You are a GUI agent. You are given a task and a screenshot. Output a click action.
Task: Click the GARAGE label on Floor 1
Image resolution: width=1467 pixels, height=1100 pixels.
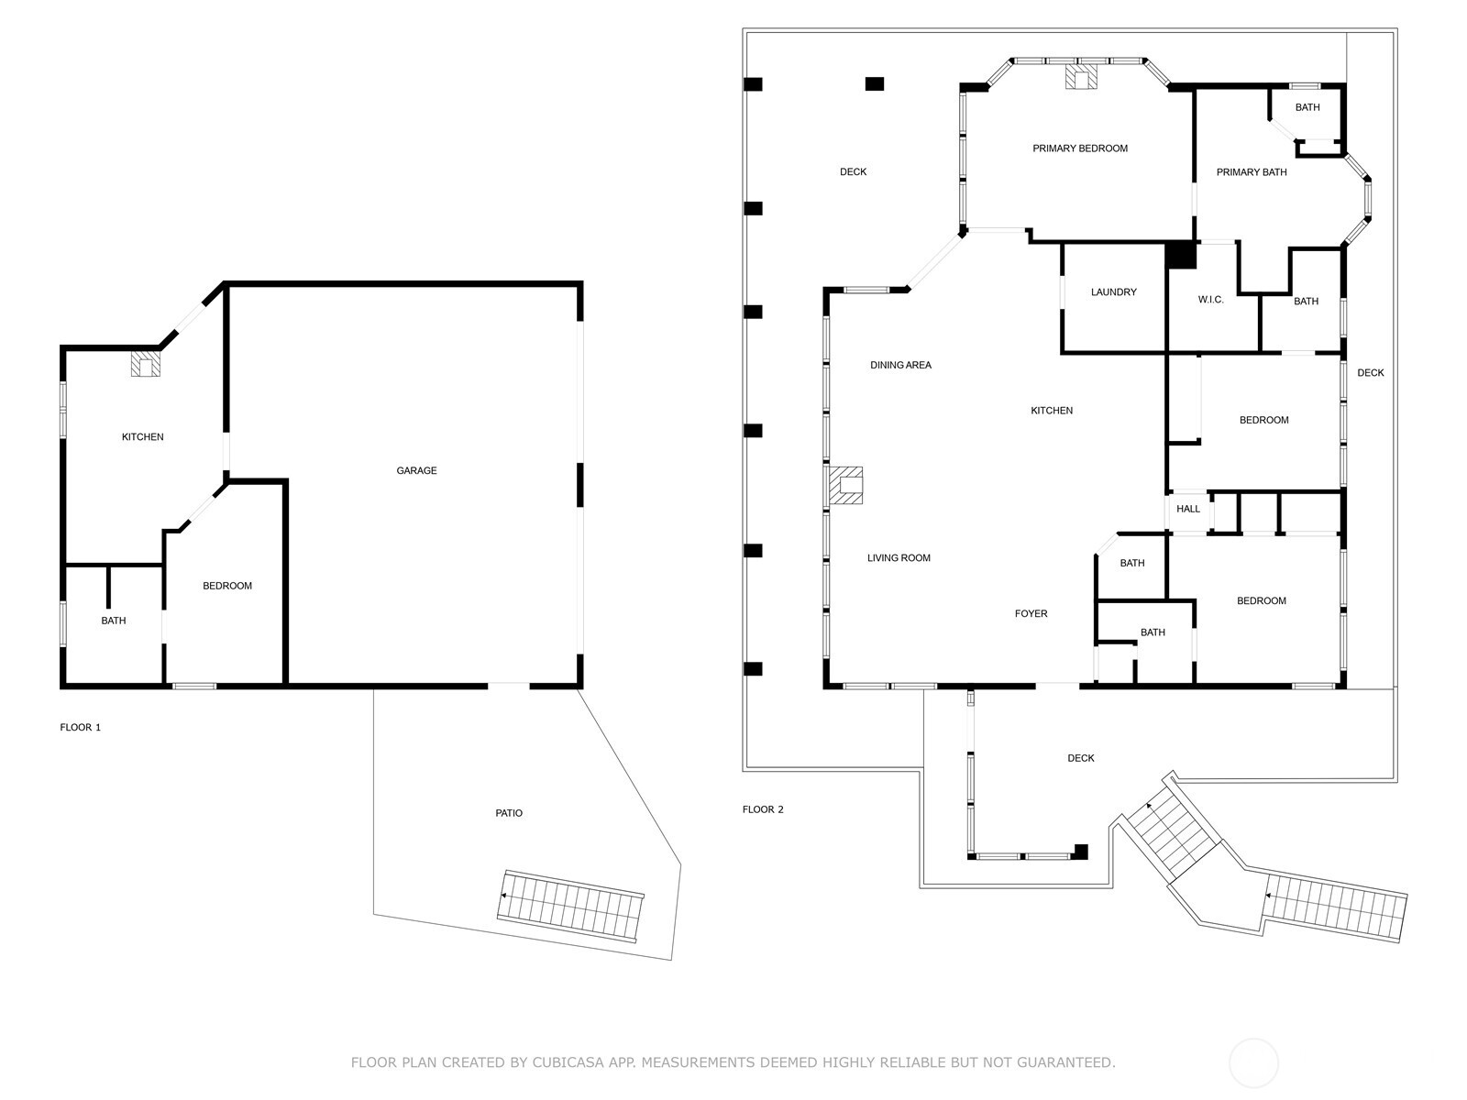[416, 470]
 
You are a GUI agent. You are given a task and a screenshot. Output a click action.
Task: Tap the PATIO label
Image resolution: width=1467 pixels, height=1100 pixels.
[509, 813]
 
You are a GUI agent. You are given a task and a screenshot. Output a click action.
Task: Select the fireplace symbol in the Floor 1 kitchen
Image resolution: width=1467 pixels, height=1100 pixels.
[145, 364]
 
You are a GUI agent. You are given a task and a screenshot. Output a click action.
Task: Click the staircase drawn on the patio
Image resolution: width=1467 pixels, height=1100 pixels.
[570, 906]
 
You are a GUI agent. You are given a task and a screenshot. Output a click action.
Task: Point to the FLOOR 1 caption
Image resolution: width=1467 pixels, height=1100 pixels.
[81, 727]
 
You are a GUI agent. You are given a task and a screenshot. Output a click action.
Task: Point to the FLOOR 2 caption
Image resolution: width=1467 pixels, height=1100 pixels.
[763, 809]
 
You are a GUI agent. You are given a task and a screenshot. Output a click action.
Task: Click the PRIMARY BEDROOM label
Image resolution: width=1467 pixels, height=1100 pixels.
[1080, 148]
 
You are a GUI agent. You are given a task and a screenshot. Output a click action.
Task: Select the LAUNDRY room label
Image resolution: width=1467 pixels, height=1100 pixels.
[1113, 292]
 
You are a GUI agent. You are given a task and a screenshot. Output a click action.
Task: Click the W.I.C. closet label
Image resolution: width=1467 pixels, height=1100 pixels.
[1210, 300]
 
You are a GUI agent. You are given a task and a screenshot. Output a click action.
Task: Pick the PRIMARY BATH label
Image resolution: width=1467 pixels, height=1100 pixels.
[1251, 172]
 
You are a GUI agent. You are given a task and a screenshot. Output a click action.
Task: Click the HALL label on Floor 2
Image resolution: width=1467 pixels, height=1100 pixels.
[1188, 509]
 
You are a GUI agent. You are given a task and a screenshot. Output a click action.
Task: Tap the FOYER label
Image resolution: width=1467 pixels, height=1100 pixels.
[1031, 614]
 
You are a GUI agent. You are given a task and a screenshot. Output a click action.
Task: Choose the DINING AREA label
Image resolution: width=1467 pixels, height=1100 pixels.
[900, 365]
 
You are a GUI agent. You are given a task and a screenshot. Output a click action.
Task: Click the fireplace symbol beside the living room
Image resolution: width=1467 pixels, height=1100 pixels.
[846, 486]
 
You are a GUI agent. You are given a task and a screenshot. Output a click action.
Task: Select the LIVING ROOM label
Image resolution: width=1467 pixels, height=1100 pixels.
[899, 557]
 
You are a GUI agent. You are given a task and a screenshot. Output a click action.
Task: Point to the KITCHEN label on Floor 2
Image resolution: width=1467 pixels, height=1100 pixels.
[1052, 411]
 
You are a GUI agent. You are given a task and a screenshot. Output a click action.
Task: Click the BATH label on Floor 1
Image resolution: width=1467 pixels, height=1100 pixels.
[114, 621]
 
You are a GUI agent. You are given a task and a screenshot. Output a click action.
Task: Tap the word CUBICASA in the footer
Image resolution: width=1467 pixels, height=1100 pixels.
[581, 1062]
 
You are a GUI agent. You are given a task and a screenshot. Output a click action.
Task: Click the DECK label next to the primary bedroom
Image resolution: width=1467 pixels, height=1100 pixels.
[853, 172]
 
